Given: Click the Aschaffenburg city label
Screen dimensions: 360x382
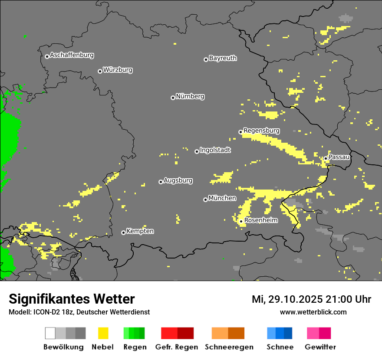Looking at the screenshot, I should [72, 55].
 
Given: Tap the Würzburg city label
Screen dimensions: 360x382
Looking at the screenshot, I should [118, 70].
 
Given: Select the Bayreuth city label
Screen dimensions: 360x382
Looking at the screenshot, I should [223, 58].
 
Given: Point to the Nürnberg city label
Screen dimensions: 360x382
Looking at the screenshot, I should [190, 96].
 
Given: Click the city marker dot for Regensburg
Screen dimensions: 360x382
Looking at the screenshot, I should [240, 132].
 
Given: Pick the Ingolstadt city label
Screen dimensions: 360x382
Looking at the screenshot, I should [215, 150].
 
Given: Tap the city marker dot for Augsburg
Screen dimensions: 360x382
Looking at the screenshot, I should [161, 182].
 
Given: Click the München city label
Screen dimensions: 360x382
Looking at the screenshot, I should [222, 198].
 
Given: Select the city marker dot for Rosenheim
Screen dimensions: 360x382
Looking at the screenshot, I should [241, 222].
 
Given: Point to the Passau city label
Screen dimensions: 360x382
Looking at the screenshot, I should [339, 157].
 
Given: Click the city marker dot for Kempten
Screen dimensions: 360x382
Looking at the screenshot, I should [123, 232].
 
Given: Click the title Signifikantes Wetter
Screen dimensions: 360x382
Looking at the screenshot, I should [72, 299].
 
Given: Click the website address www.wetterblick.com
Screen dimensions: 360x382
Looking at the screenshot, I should [313, 312].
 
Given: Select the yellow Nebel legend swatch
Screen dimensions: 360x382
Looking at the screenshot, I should [103, 333].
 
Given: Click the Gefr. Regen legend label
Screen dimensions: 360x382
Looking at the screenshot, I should [177, 347].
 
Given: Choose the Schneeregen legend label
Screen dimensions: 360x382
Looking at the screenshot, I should [229, 347].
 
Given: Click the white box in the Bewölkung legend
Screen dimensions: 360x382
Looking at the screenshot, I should [50, 333].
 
